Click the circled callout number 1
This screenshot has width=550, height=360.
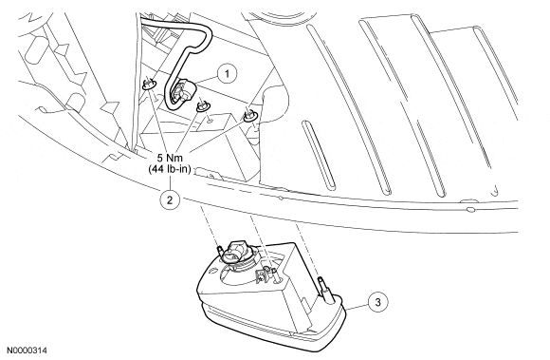click(x=227, y=74)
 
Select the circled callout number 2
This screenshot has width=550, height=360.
click(x=170, y=200)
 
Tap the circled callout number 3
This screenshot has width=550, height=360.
click(x=377, y=302)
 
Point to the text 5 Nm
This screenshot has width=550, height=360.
click(x=170, y=158)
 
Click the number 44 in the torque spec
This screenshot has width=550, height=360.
click(x=156, y=169)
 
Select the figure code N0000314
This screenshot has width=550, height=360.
click(x=27, y=351)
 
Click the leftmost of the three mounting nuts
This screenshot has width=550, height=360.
click(x=149, y=84)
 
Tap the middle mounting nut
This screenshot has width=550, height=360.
click(x=202, y=105)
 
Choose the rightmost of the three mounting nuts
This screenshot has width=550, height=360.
click(x=249, y=116)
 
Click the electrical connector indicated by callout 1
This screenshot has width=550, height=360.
click(x=180, y=91)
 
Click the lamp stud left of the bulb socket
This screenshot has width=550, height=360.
click(x=220, y=253)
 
